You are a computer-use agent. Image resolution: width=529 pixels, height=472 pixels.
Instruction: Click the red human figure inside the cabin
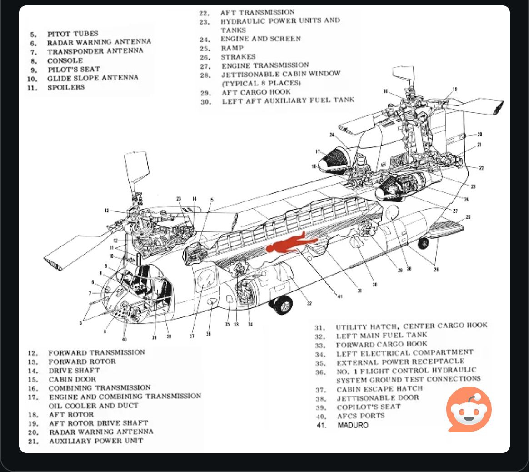pyautogui.click(x=286, y=244)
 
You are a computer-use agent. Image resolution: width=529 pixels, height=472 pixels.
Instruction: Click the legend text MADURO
pyautogui.click(x=353, y=425)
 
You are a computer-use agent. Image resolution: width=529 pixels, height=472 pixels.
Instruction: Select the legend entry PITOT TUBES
pyautogui.click(x=73, y=34)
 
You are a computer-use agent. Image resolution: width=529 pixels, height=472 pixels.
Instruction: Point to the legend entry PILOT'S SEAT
pyautogui.click(x=74, y=70)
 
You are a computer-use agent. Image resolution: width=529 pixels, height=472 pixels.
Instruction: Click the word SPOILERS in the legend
pyautogui.click(x=66, y=87)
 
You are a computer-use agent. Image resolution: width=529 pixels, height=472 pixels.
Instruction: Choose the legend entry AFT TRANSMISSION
pyautogui.click(x=257, y=12)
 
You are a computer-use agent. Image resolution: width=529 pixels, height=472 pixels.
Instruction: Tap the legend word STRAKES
pyautogui.click(x=238, y=57)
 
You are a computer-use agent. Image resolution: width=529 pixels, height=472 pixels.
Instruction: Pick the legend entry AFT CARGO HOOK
pyautogui.click(x=256, y=92)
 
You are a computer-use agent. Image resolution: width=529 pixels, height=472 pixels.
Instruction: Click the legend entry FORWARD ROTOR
pyautogui.click(x=82, y=362)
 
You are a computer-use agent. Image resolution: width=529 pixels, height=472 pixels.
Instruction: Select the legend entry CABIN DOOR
pyautogui.click(x=72, y=379)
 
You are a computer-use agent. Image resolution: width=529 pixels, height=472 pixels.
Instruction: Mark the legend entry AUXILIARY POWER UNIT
pyautogui.click(x=96, y=441)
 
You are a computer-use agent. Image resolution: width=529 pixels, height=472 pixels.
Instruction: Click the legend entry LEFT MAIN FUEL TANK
pyautogui.click(x=382, y=336)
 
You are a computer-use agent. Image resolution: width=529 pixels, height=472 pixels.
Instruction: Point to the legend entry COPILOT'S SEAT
pyautogui.click(x=369, y=407)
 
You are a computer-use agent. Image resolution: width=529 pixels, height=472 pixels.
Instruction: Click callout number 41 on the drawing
pyautogui.click(x=339, y=296)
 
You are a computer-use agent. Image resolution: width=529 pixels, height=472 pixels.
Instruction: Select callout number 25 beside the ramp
pyautogui.click(x=468, y=217)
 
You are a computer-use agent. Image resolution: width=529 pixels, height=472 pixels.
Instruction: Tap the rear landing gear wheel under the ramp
pyautogui.click(x=423, y=243)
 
